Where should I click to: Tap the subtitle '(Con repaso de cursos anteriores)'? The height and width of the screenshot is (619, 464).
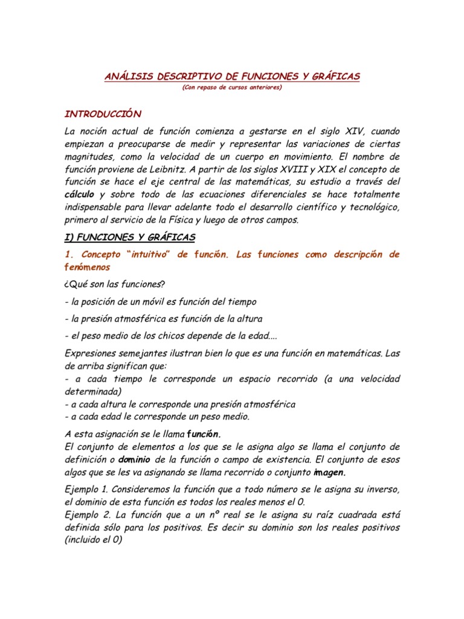point(231,87)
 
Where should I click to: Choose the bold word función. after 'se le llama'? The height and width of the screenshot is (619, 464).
point(204,434)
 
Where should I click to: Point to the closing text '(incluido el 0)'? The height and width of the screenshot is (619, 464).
point(92,540)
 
